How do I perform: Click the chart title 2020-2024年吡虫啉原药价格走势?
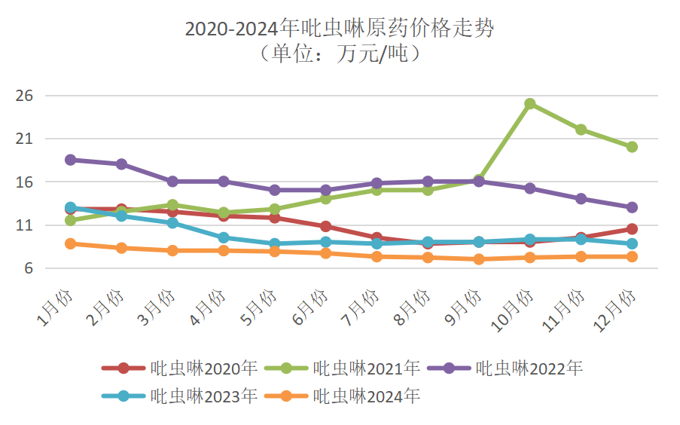click(x=340, y=29)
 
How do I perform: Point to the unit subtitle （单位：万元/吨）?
click(x=340, y=54)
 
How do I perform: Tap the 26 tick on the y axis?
click(x=26, y=96)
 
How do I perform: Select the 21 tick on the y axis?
click(x=26, y=139)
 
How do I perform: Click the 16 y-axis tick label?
click(x=26, y=182)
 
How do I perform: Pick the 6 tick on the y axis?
click(x=29, y=269)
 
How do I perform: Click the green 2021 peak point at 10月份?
click(x=530, y=104)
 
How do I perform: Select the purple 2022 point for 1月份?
click(x=71, y=160)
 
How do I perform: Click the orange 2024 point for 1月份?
click(x=71, y=243)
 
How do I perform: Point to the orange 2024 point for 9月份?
click(x=479, y=259)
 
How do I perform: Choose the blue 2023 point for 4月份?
click(x=224, y=238)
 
